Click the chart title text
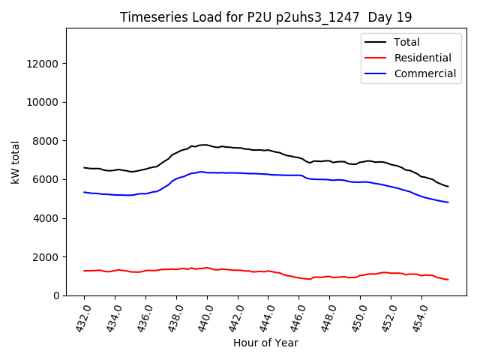click(265, 17)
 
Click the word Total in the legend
click(407, 42)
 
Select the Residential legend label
click(423, 58)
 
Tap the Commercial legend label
click(425, 73)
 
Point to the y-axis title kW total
click(15, 162)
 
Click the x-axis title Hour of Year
click(265, 343)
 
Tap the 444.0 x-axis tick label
click(267, 316)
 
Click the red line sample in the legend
click(377, 58)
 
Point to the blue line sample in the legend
click(377, 73)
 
